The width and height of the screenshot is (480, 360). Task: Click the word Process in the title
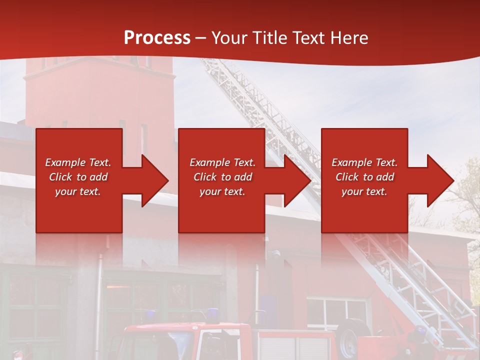[157, 38]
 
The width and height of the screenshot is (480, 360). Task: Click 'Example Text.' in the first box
[78, 162]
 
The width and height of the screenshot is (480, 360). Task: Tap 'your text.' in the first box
[78, 191]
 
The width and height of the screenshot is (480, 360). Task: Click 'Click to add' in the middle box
[222, 177]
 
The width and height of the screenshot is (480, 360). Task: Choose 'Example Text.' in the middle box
[222, 162]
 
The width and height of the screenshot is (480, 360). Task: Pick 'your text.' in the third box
[364, 191]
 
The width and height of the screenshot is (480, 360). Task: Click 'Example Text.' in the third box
[364, 162]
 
